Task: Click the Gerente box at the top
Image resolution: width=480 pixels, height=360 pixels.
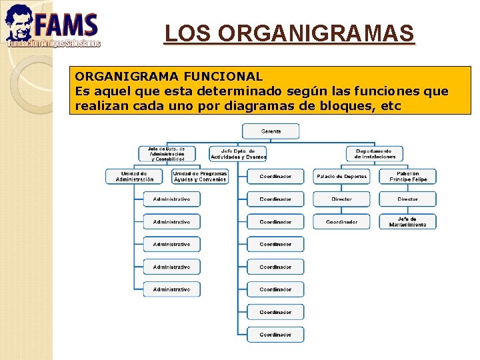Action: (271, 131)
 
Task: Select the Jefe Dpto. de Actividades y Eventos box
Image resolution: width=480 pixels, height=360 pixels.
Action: (238, 154)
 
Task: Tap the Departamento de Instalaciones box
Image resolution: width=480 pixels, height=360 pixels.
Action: (375, 154)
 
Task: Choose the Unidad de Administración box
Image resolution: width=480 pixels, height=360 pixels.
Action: (134, 177)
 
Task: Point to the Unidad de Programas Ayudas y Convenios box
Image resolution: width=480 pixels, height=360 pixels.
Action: (200, 177)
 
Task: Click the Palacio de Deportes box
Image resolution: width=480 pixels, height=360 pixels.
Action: (341, 177)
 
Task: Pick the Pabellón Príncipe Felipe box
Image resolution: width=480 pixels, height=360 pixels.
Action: (407, 177)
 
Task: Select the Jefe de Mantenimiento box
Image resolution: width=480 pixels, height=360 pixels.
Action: (407, 222)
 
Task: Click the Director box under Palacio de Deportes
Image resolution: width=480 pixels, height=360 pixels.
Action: (341, 199)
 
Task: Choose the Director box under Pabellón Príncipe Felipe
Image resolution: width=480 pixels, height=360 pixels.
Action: (407, 199)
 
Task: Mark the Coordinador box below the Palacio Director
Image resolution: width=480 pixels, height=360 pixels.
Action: (341, 222)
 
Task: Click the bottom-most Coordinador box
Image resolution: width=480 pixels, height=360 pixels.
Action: (275, 335)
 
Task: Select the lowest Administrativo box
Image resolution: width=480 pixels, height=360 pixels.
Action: (171, 289)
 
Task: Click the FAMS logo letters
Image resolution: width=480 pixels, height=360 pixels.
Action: (67, 25)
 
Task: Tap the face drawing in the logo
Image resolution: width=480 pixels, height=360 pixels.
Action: (18, 23)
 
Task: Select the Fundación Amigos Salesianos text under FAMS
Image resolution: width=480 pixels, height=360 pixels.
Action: (53, 43)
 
